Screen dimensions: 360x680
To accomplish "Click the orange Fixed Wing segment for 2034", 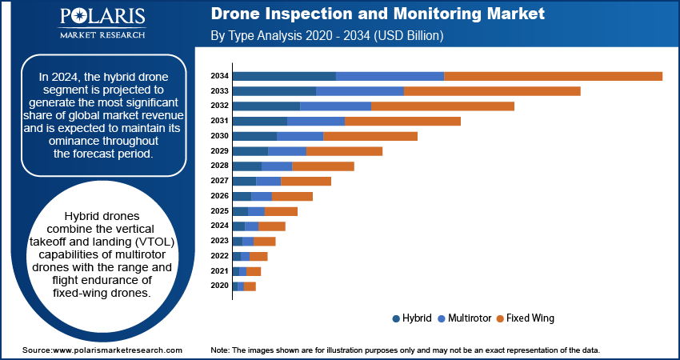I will point(553,76).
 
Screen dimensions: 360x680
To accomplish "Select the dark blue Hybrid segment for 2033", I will point(274,91).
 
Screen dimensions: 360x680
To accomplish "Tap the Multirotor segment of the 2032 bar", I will point(335,106).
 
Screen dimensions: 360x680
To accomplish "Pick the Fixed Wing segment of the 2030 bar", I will point(370,136).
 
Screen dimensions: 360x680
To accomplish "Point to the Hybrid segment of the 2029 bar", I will point(250,151).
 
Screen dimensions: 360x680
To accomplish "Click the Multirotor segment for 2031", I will point(316,121).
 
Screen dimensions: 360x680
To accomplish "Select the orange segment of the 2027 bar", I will point(306,182).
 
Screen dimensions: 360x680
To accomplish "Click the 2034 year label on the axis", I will point(220,76).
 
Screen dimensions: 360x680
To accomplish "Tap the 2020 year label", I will point(220,286).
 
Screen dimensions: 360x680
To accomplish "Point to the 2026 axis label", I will point(220,196).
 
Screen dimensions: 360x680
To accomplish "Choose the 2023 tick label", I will point(220,241).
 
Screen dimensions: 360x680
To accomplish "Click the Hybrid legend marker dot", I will point(397,318).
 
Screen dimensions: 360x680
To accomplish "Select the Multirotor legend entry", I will point(465,318).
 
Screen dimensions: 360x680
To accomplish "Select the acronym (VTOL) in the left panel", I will point(155,242).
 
